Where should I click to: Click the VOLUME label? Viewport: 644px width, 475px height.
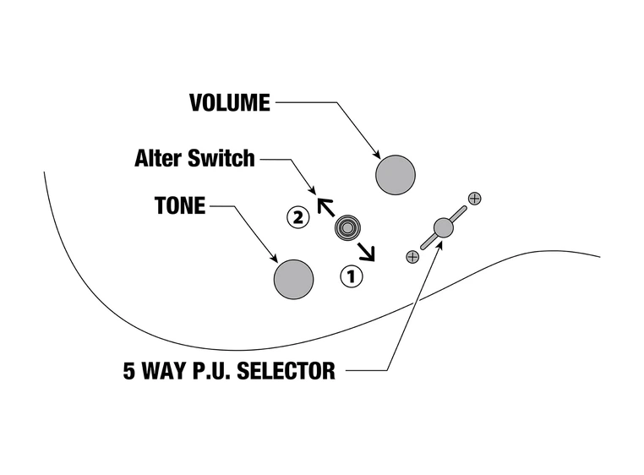click(230, 103)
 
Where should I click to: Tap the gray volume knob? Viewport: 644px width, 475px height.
click(396, 175)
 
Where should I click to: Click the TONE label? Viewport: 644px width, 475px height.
click(180, 205)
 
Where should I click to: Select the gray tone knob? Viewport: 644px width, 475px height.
click(293, 278)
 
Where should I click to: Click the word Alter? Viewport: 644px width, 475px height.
click(160, 158)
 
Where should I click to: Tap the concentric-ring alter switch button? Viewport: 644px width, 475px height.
click(347, 227)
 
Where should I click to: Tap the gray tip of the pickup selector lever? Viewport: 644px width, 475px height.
click(444, 227)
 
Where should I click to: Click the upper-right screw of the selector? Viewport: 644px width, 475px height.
click(474, 199)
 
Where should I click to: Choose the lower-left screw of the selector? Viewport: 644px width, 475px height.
click(412, 256)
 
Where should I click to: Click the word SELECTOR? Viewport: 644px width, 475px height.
click(287, 371)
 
